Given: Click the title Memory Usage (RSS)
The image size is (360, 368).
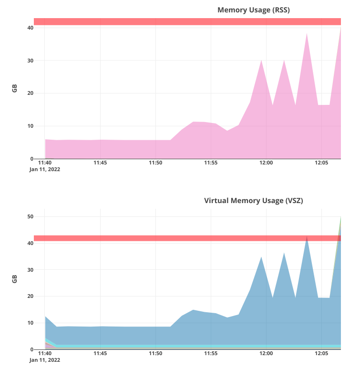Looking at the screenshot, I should pyautogui.click(x=253, y=10).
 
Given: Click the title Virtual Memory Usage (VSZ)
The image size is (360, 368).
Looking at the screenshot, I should pyautogui.click(x=253, y=201).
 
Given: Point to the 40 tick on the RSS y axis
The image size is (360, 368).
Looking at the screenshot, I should pyautogui.click(x=30, y=28).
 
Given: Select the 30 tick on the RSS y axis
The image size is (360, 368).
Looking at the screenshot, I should pyautogui.click(x=30, y=61).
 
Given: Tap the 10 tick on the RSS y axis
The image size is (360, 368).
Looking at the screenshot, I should pyautogui.click(x=30, y=126).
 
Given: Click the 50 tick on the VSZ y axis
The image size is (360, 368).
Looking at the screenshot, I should pyautogui.click(x=30, y=217).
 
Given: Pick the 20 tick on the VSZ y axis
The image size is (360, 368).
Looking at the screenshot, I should pyautogui.click(x=30, y=296).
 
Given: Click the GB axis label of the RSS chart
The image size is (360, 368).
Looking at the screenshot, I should pyautogui.click(x=15, y=89).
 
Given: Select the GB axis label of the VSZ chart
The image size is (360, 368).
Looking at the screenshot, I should pyautogui.click(x=15, y=279).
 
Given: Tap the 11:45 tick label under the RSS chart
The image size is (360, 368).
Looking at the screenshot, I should pyautogui.click(x=100, y=163).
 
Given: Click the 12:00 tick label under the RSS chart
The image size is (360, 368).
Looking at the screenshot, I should pyautogui.click(x=266, y=163).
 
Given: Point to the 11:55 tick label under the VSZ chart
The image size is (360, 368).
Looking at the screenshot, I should pyautogui.click(x=211, y=354).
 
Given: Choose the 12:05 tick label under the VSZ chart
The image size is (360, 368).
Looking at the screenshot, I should pyautogui.click(x=321, y=354).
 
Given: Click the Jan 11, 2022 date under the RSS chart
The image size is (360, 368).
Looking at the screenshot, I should pyautogui.click(x=45, y=169).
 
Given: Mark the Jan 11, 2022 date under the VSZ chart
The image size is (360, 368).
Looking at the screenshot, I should pyautogui.click(x=45, y=360).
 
